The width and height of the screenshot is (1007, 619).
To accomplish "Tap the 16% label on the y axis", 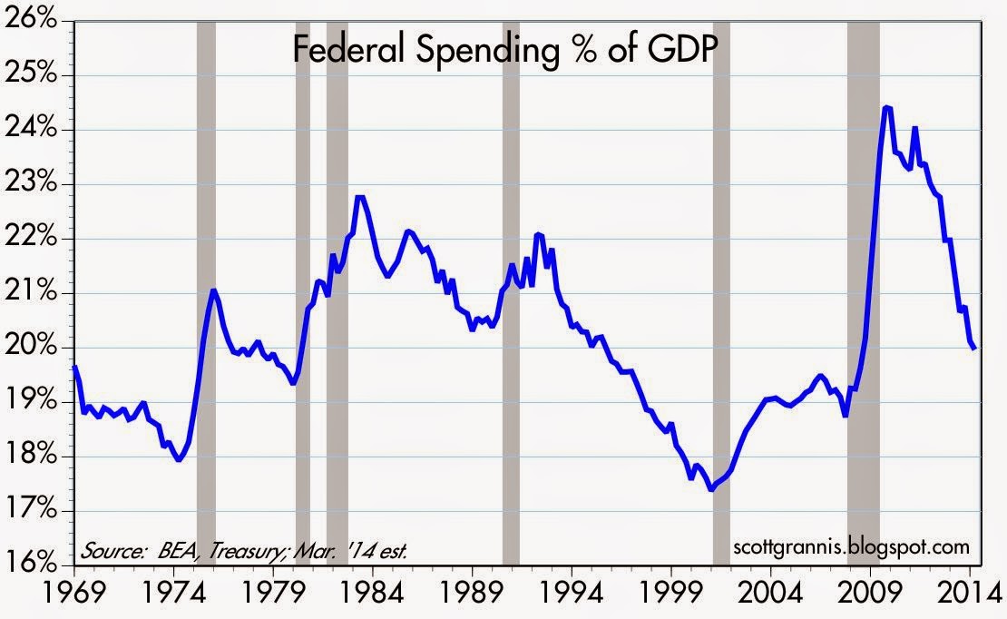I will [35, 564].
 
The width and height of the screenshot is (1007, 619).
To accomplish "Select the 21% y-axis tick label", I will [35, 293].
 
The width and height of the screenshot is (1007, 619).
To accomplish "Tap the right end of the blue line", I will [975, 348].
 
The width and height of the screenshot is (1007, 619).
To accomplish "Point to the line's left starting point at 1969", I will [74, 367].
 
